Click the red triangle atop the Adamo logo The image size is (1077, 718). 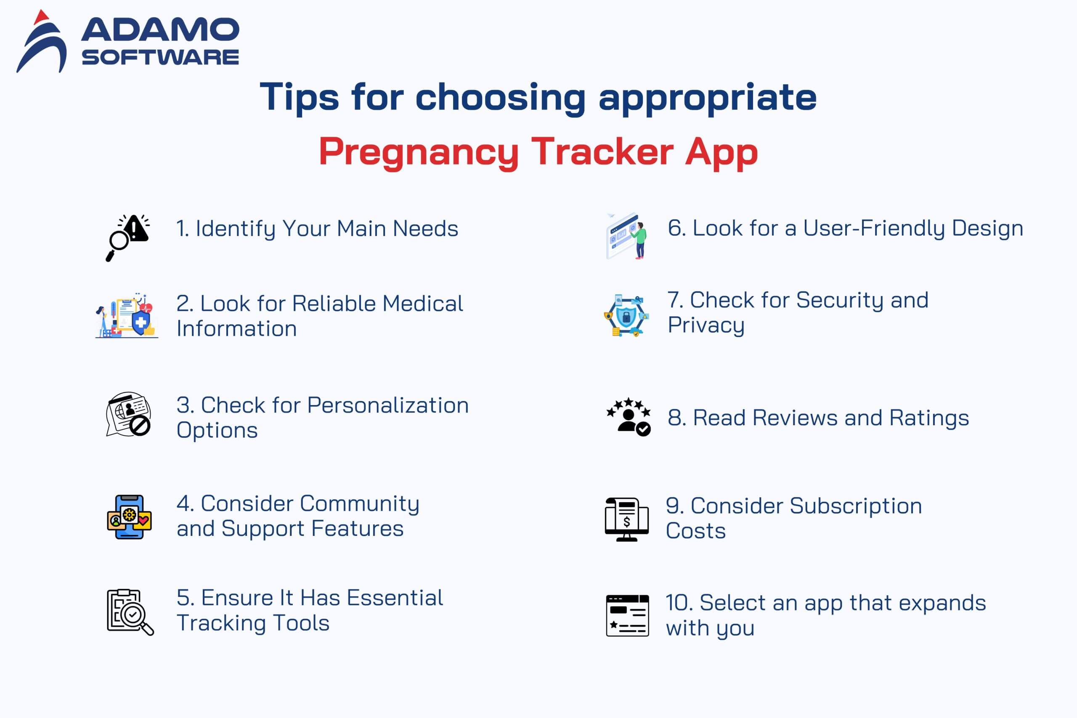tap(41, 17)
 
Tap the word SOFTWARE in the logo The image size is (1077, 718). tap(160, 58)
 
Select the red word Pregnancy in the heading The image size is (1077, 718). tap(419, 153)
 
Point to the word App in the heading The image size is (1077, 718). tap(721, 153)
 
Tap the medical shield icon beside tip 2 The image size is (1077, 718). tap(127, 316)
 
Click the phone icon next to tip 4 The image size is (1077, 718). tap(129, 517)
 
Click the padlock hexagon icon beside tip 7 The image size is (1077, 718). tap(626, 315)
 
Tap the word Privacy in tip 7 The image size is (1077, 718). tap(706, 326)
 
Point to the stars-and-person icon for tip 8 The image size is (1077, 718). tap(628, 417)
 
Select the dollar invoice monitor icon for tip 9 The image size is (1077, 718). tap(626, 520)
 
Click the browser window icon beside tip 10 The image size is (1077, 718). tap(627, 616)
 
